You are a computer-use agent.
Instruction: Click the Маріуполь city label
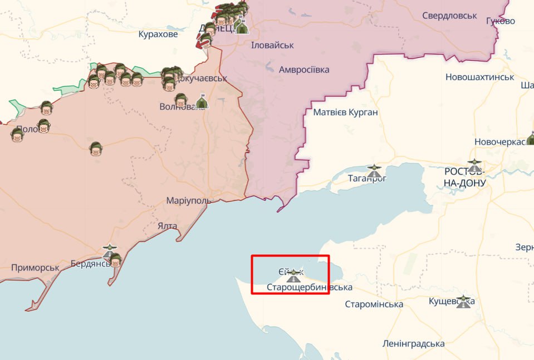point(188,200)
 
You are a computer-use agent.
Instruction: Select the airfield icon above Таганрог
point(374,168)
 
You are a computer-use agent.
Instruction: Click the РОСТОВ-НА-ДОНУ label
point(465,177)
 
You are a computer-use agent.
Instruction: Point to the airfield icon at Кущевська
point(463,302)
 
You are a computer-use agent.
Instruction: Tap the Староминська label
point(374,304)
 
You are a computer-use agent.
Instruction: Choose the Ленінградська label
point(413,343)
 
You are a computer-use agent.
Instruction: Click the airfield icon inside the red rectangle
point(293,274)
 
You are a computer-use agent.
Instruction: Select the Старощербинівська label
point(310,287)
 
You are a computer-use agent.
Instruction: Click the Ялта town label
point(167,226)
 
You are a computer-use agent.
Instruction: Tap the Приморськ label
point(35,268)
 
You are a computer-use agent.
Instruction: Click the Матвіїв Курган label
point(345,112)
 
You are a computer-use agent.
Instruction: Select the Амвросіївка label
point(304,70)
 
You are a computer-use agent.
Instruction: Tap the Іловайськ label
point(272,45)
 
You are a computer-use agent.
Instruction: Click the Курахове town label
point(158,34)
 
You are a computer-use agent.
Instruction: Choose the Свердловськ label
point(449,16)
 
